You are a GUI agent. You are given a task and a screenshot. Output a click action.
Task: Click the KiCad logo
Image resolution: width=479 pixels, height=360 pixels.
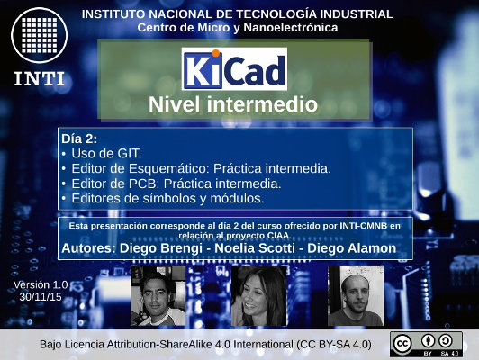tap(234, 68)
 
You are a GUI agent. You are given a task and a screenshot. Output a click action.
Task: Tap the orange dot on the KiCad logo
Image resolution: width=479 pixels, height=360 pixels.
tap(216, 53)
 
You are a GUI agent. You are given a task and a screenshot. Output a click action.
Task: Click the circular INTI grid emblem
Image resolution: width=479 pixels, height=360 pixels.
tap(39, 35)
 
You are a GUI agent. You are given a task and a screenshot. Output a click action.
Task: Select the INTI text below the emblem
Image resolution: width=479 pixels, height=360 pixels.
tap(39, 79)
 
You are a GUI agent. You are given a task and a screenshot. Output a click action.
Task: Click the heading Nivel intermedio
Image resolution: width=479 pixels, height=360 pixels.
tap(233, 104)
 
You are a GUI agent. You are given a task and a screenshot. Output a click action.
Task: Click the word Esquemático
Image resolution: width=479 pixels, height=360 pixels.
tap(169, 169)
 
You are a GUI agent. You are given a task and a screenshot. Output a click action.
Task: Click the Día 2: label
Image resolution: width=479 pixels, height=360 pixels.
tap(79, 139)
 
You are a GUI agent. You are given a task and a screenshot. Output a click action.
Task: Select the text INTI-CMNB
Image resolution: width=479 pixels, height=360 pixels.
tap(364, 226)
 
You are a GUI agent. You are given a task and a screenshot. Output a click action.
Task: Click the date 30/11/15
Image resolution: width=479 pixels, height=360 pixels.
tap(41, 297)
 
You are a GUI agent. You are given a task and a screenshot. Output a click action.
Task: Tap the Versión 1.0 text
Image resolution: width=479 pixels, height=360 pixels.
tap(41, 285)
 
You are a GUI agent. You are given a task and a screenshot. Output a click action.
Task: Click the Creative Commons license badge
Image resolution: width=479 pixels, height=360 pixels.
tap(426, 344)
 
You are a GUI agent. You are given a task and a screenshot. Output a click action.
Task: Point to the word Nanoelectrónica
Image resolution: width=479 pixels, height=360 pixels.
tap(291, 28)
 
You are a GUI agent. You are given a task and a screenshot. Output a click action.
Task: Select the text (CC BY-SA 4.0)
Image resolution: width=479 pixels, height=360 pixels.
tap(334, 345)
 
